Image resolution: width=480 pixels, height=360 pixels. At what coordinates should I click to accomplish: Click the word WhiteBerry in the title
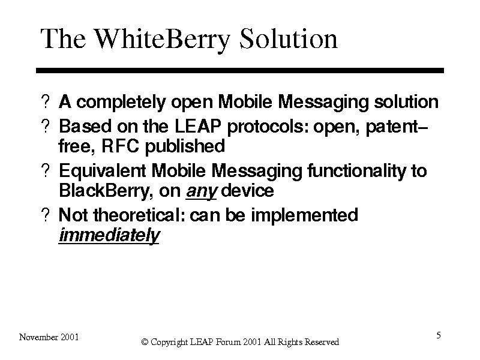point(161,39)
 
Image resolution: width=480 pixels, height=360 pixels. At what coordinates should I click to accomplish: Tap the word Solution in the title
point(289,38)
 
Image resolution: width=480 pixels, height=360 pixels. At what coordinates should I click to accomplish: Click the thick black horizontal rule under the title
point(240,70)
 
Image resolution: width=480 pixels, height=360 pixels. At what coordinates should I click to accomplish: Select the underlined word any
point(201,191)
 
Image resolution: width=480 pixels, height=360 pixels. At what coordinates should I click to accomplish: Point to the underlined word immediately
point(109,235)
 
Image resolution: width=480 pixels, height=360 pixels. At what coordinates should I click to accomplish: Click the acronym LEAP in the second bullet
point(198,126)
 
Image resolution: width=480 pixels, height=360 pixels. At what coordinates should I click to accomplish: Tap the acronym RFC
point(120,146)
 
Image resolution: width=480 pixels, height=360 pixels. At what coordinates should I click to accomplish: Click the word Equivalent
point(102,171)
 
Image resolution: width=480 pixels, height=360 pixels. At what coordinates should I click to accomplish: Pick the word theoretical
point(139,215)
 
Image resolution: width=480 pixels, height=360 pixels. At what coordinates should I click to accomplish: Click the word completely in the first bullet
point(121,103)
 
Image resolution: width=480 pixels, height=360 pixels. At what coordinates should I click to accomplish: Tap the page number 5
point(439,335)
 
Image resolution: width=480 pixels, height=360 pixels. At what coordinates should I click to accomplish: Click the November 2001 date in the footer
point(49,337)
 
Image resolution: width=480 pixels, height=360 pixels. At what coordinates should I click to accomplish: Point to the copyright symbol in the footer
point(145,342)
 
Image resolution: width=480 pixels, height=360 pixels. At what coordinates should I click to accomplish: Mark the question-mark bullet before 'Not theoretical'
point(46,215)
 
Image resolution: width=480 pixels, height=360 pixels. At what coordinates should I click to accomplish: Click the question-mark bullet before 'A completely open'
point(46,101)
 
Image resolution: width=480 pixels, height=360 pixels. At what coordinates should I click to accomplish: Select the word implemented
point(304,215)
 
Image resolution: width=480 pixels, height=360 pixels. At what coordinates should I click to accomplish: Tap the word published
point(185,146)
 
